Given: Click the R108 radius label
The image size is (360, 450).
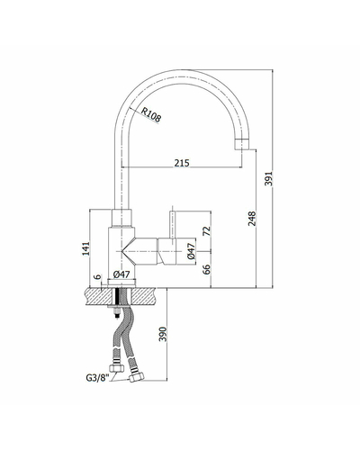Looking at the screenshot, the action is [x=151, y=115].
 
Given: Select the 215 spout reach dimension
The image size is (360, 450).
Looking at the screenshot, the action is [x=182, y=163].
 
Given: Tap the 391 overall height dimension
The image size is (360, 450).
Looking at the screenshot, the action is [x=269, y=179].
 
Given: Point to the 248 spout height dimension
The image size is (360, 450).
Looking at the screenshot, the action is [x=252, y=219].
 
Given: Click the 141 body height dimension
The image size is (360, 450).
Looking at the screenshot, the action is [x=85, y=248].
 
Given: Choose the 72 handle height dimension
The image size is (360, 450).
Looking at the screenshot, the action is [x=207, y=230].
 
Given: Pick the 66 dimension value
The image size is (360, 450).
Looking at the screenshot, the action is [x=207, y=269].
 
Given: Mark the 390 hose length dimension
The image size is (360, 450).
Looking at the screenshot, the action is [x=163, y=334].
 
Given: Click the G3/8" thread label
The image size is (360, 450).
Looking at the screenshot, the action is [x=96, y=377].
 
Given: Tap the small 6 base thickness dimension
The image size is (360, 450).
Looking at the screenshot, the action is [x=98, y=276].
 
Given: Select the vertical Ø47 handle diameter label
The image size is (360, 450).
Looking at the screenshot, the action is [x=191, y=251].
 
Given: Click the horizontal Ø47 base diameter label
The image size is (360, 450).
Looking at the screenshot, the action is [x=121, y=274].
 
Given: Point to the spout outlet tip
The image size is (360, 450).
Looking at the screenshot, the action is [x=242, y=148].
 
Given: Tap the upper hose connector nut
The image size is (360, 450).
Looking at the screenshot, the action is [x=117, y=367].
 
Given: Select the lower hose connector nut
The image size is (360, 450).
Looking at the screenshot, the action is [x=137, y=377].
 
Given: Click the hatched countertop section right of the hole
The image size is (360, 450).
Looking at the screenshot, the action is [x=144, y=297].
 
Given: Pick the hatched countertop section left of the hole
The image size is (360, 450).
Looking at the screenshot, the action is [x=99, y=297].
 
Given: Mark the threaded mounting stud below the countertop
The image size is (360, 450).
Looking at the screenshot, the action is [x=117, y=312].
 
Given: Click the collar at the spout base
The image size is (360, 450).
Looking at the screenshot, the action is [x=121, y=218].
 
